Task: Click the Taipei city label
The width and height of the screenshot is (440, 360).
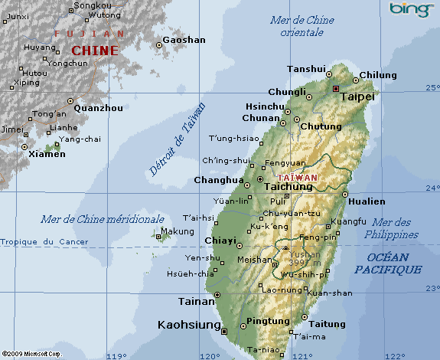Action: coord(357,97)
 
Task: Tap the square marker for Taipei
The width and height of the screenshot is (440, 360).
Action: coord(336,89)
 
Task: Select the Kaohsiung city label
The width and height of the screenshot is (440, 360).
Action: coord(187,325)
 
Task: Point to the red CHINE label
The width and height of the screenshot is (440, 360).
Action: coord(95,51)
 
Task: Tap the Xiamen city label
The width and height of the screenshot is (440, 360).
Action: coord(47,154)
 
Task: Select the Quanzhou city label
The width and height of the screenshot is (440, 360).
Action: coord(98,108)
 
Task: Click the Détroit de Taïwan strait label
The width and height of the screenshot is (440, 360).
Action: coord(178,139)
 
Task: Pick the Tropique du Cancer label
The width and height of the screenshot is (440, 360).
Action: coord(44,242)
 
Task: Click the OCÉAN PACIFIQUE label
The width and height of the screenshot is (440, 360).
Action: coord(388,263)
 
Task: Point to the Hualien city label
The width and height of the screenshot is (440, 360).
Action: coord(367,201)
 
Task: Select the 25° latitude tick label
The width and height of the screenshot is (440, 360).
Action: coord(431,89)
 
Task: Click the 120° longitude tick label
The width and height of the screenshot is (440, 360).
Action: coord(209,355)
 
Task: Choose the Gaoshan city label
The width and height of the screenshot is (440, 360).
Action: coord(184,40)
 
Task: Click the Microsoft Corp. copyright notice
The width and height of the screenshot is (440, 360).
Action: coord(31,355)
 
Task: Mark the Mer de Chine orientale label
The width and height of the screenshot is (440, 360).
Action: coord(301,26)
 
